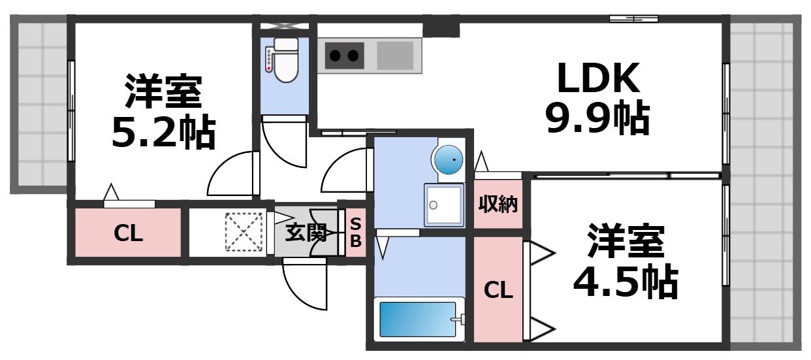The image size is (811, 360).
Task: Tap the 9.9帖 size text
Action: [597, 118]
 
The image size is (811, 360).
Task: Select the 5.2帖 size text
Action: [163, 133]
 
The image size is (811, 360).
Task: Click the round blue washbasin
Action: [448, 159]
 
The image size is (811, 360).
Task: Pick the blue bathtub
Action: [418, 319]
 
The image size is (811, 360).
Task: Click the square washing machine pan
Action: [443, 205]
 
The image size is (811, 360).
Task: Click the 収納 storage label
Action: [498, 205]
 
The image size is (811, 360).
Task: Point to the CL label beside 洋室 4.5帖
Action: [498, 291]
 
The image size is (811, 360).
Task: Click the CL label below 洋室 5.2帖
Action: [128, 233]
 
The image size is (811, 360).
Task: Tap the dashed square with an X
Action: [243, 232]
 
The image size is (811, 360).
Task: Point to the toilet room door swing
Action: [284, 144]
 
